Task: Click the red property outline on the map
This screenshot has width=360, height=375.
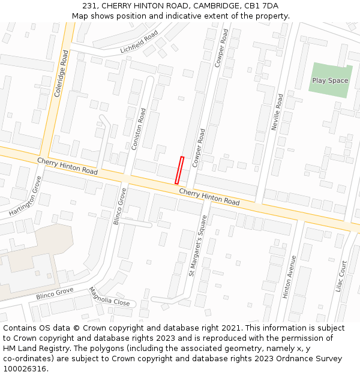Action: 179,170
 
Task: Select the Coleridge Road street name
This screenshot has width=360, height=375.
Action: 61,73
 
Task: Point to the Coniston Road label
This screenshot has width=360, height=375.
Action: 139,128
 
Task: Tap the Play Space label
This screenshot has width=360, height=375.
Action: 329,80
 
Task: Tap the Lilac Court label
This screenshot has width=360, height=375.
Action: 343,277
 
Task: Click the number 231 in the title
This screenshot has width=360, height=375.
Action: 91,6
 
